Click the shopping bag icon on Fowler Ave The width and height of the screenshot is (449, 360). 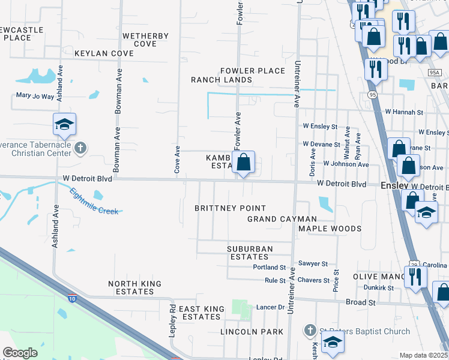click(243, 162)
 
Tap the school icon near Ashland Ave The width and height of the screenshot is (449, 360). click(64, 124)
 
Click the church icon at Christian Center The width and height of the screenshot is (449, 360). click(80, 147)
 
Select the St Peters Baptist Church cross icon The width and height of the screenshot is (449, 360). click(309, 330)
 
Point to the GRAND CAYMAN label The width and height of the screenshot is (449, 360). click(282, 219)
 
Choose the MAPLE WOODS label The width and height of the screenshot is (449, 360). click(330, 229)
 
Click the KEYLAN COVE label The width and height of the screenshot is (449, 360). click(104, 53)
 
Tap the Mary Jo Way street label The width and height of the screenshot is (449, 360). click(35, 95)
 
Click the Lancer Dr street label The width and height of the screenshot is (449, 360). click(270, 307)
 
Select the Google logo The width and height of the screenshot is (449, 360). click(20, 353)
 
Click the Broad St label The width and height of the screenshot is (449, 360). click(360, 303)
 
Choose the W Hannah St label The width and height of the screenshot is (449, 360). click(404, 112)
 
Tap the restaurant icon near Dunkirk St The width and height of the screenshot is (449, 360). click(414, 277)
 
